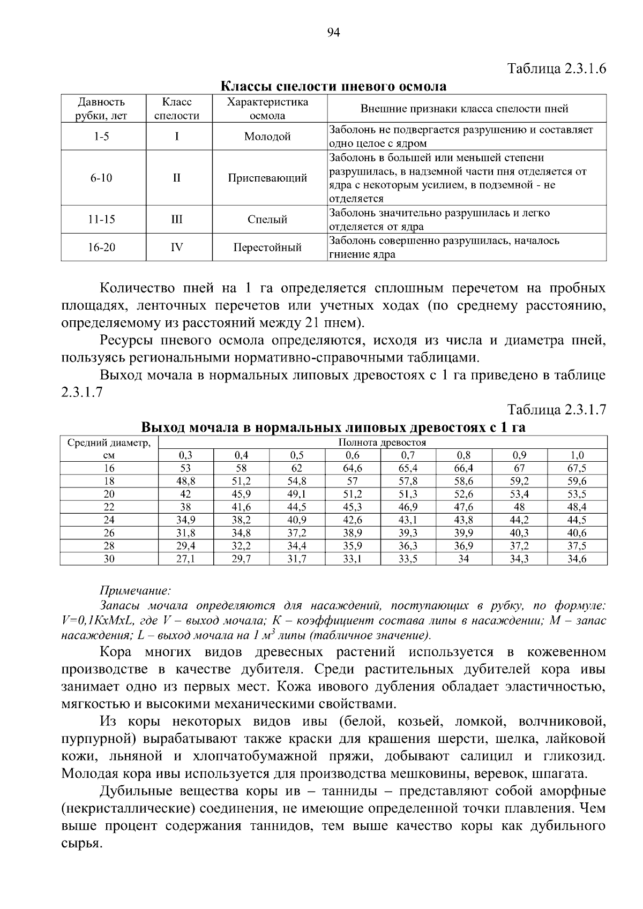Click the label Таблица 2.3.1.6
[x=557, y=69]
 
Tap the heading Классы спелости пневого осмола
[x=333, y=86]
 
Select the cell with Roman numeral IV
[x=176, y=247]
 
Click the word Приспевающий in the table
[x=267, y=178]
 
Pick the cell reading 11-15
[x=102, y=220]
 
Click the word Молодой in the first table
[x=267, y=137]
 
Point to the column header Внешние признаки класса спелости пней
[x=464, y=109]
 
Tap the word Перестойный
[x=267, y=247]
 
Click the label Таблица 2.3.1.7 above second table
[x=557, y=410]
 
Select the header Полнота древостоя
[x=382, y=442]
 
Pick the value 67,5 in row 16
[x=577, y=468]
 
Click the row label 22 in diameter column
[x=109, y=507]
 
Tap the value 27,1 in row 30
[x=186, y=559]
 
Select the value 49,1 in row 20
[x=296, y=494]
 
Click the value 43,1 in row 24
[x=408, y=520]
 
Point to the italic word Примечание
[x=135, y=591]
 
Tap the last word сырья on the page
[x=81, y=843]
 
